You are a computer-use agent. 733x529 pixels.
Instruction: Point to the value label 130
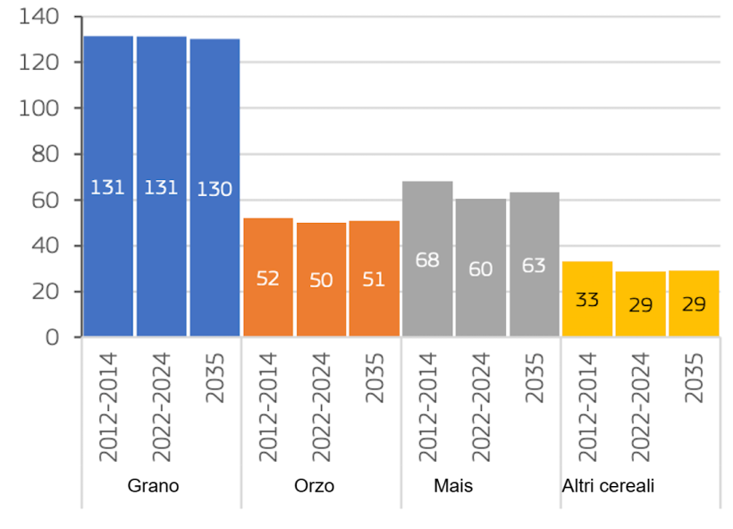(215, 189)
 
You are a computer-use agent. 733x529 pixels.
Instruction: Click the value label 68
(427, 260)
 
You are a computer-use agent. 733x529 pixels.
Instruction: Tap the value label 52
(267, 278)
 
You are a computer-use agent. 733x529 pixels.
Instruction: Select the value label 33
(587, 300)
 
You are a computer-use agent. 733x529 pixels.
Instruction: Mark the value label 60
(481, 269)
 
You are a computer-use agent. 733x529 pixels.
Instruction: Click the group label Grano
(153, 487)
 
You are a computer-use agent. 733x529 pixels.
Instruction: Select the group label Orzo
(314, 487)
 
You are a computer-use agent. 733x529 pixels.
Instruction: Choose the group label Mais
(453, 487)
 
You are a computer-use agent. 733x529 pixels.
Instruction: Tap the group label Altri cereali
(608, 487)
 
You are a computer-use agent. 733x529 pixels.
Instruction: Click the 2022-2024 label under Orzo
(321, 406)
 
